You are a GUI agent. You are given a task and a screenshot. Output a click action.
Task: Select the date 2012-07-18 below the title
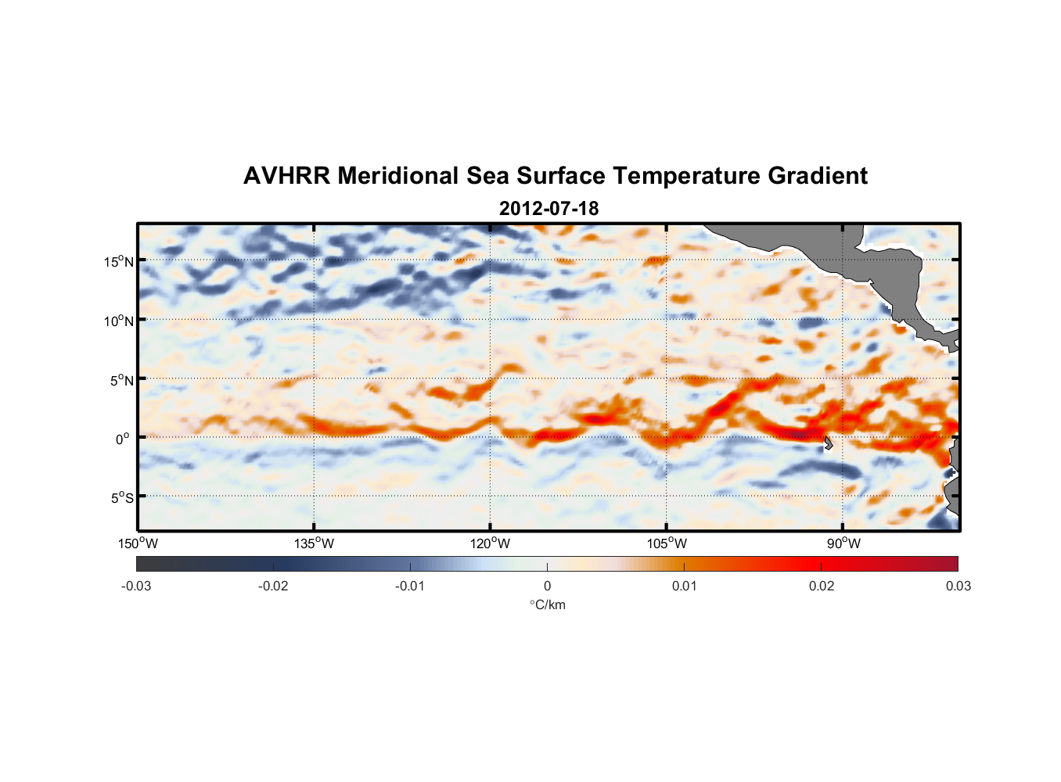548,209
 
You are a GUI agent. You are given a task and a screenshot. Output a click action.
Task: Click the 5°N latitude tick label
121,380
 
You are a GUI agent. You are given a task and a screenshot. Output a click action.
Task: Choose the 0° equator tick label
123,439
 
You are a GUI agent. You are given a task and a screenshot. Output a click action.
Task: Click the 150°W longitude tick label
138,543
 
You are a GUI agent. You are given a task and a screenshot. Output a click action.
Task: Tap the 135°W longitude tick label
315,543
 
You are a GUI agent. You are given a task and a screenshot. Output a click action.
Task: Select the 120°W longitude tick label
491,543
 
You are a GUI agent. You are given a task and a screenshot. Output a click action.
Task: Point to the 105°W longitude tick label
667,543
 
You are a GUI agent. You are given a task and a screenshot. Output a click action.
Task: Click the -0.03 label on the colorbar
136,586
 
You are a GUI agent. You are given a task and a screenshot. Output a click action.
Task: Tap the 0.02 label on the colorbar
822,586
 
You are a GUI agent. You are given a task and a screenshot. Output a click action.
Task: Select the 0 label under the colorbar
547,586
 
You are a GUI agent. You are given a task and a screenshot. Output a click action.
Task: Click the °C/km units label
547,604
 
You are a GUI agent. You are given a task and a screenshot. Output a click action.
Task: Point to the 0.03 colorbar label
958,586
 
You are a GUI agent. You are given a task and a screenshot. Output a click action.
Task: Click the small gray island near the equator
828,443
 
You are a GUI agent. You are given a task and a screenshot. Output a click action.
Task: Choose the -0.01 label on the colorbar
410,586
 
